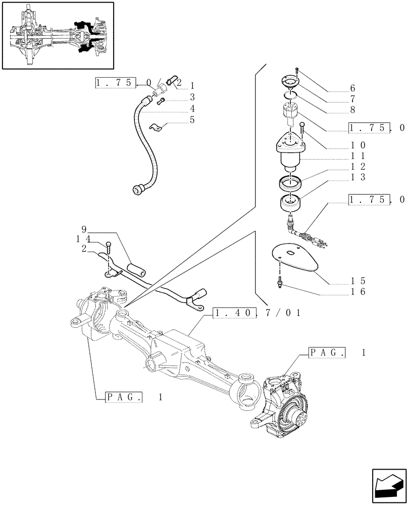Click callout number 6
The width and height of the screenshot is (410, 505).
(351, 87)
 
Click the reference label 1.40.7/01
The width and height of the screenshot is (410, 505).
(257, 314)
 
